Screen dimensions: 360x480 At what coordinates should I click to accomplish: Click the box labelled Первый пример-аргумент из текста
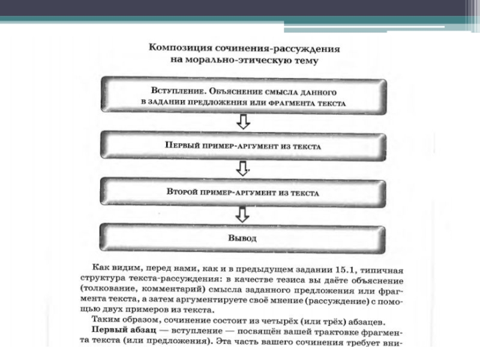click(243, 146)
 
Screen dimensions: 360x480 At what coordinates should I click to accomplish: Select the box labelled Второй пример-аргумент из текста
click(243, 193)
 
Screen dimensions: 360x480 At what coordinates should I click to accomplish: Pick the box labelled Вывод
click(243, 238)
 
